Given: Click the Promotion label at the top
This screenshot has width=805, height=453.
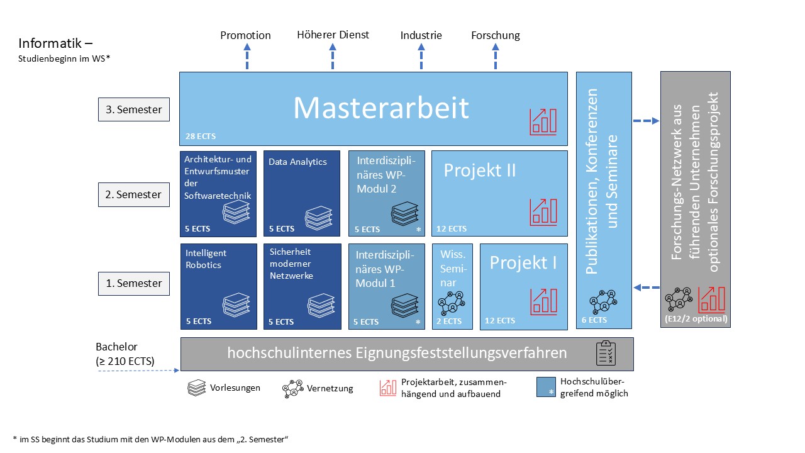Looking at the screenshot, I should pos(245,35).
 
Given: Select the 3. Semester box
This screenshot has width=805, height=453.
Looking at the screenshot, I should pos(134,109).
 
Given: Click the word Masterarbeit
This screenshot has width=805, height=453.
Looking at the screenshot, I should pos(381,108).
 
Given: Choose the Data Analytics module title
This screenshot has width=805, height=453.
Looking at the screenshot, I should pos(297,162).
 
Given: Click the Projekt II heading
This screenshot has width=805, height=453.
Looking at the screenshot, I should pos(480,170).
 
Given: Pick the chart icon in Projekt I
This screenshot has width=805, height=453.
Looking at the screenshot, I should pos(543,301).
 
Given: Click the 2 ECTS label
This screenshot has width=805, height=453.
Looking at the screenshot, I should pos(449,321).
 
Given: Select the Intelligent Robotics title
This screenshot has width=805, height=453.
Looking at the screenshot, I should pos(206,259).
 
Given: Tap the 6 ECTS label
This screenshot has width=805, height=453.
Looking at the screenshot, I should pos(594,320).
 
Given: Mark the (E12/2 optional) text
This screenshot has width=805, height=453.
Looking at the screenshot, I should pos(696,319).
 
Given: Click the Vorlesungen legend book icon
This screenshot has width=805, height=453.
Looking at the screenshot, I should pos(197,388).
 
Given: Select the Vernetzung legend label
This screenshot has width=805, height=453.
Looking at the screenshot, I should pos(330,388).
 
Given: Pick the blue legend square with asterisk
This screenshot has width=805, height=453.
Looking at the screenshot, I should pos(547,387).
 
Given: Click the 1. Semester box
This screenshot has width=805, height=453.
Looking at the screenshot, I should pos(134,283).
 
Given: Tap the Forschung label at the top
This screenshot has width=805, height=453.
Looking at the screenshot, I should pos(496,35).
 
